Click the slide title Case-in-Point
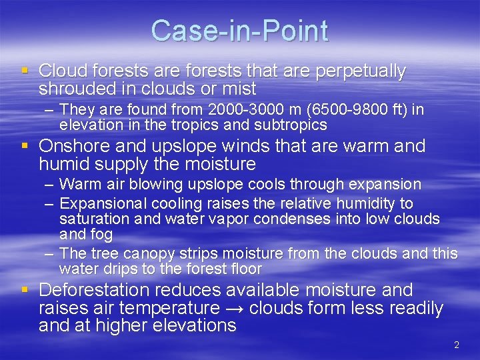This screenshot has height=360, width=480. (x=239, y=31)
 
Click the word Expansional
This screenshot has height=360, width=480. (x=103, y=203)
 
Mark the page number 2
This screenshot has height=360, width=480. (x=457, y=345)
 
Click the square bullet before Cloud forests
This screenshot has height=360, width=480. (x=25, y=71)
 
